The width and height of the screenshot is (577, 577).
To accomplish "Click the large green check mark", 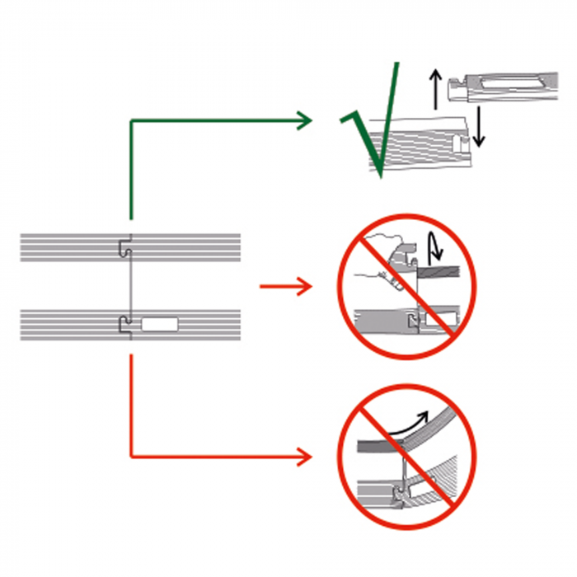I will (x=378, y=132).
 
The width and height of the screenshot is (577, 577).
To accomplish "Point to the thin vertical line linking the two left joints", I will (x=128, y=284).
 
